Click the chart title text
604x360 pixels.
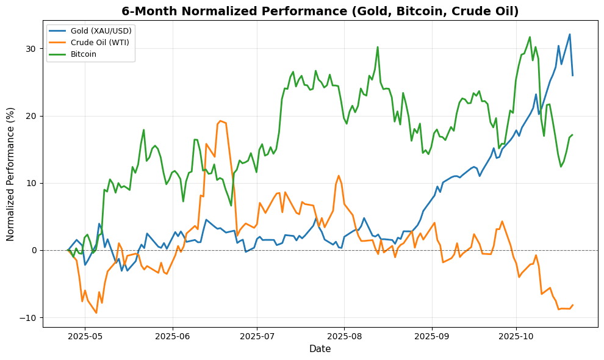320,12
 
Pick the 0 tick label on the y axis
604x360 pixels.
35,251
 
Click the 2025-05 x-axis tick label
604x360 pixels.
85,336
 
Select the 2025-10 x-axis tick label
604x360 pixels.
516,336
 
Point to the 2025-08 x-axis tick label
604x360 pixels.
344,336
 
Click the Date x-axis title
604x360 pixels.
320,349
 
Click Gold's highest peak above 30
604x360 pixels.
570,34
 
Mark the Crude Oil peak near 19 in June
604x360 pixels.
220,121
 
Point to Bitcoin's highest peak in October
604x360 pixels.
530,37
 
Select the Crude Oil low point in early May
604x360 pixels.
96,313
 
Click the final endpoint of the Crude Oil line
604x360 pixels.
572,305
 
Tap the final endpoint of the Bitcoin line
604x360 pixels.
572,135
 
